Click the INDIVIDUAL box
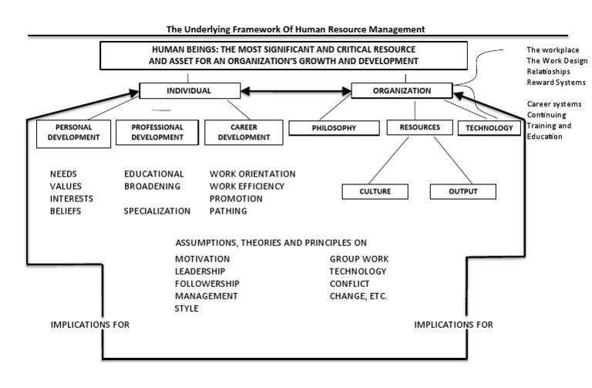point(188,91)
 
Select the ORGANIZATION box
point(402,91)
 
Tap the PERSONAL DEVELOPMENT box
point(69,132)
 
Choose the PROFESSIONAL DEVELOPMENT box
point(156,132)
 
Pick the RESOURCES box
point(420,128)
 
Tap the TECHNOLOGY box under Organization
point(489,128)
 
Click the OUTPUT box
point(462,191)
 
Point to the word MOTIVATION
point(202,259)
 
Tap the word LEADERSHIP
point(200,272)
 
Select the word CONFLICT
point(349,284)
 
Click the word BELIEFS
point(66,211)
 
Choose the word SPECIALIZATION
point(157,211)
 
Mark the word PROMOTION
point(236,198)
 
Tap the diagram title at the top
point(295,29)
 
